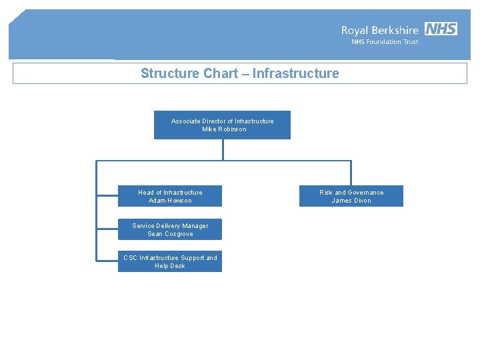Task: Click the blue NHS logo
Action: [x=441, y=29]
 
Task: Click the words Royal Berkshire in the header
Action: [x=380, y=30]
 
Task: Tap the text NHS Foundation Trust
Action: [x=385, y=42]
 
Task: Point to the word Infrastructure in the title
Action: [x=295, y=73]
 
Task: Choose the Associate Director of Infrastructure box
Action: [x=222, y=125]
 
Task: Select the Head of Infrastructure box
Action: [x=170, y=196]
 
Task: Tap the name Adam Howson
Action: [x=170, y=201]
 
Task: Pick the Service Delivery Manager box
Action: [x=170, y=229]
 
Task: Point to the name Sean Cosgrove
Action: [x=170, y=234]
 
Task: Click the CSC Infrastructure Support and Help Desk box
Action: [x=170, y=261]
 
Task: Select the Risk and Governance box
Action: [x=351, y=196]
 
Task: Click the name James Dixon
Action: [x=351, y=201]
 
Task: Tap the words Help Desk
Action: [x=170, y=266]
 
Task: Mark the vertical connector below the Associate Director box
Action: [x=223, y=149]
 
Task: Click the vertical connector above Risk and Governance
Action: [x=351, y=173]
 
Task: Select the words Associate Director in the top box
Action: [x=198, y=121]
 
